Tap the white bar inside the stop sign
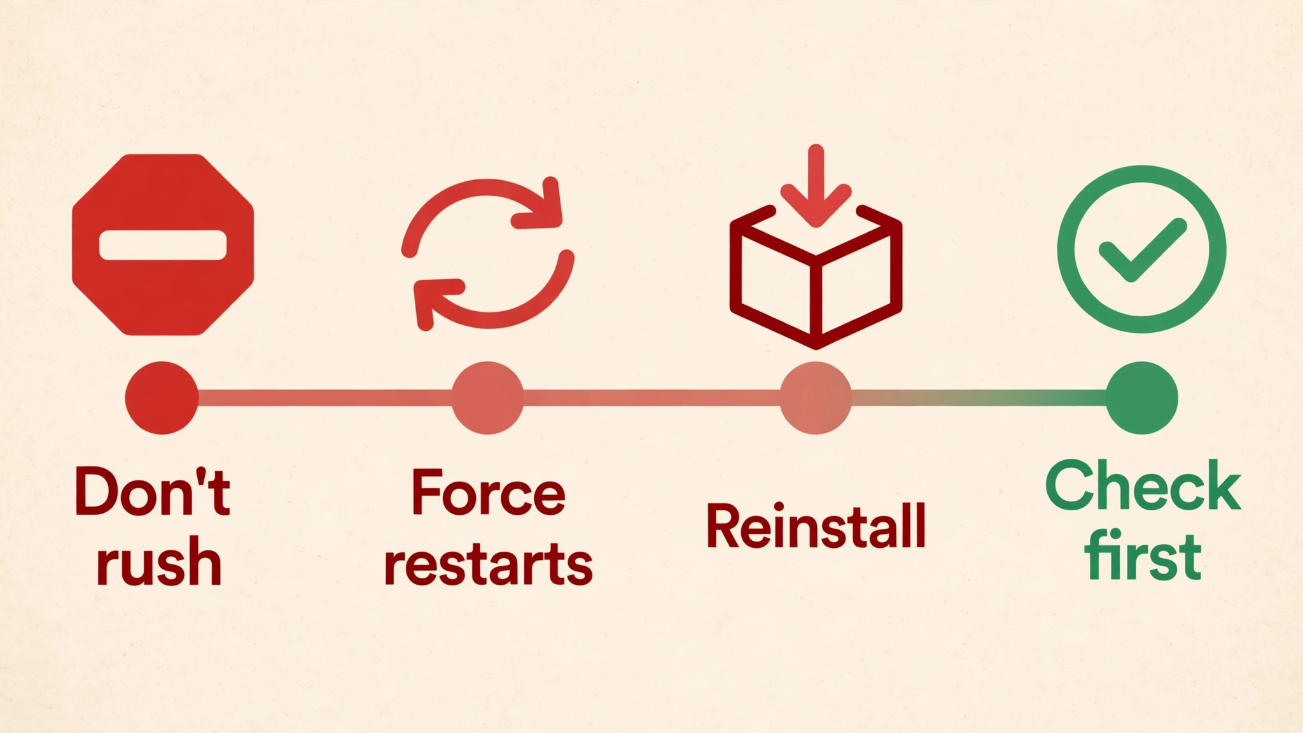click(163, 245)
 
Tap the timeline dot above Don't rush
click(162, 398)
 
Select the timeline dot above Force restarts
click(487, 398)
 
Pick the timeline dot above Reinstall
click(816, 398)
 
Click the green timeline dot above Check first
click(1142, 398)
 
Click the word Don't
click(153, 491)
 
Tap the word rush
click(159, 561)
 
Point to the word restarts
click(489, 563)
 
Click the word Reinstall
click(816, 526)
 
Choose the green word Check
click(1143, 486)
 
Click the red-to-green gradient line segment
click(979, 398)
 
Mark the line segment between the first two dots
click(324, 398)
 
